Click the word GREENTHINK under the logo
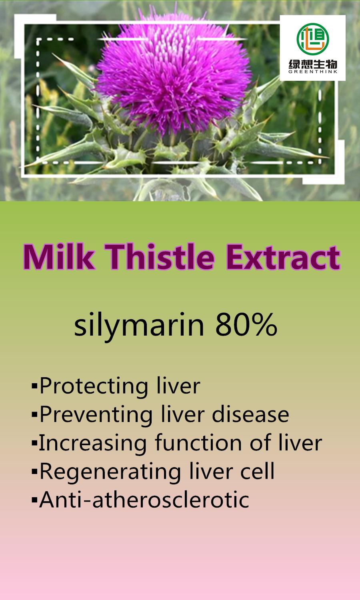click(x=313, y=72)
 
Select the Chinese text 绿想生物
click(x=313, y=64)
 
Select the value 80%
click(x=246, y=325)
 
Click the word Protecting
click(x=91, y=386)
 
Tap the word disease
click(x=250, y=414)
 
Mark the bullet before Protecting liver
click(x=34, y=387)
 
